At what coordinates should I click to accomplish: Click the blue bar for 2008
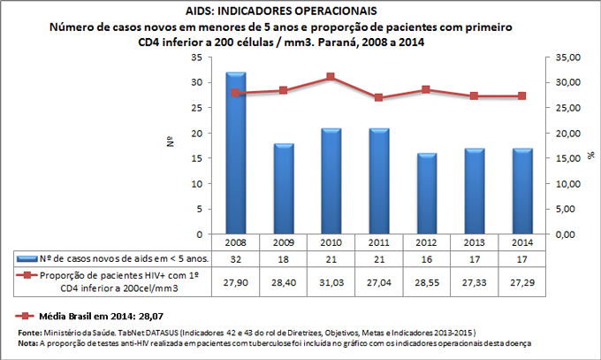[x=236, y=154]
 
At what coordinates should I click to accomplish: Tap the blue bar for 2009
[x=284, y=189]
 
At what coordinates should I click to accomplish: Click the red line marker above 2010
[x=331, y=77]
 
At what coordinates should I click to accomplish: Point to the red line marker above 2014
[x=522, y=96]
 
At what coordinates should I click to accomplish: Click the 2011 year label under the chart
[x=379, y=242]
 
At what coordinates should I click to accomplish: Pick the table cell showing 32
[x=236, y=259]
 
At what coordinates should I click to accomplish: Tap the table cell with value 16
[x=427, y=259]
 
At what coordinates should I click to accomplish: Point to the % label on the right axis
[x=590, y=156]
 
